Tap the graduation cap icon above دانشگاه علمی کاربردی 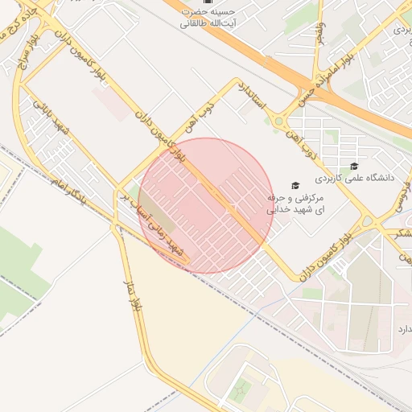pos(353,166)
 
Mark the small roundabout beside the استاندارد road pos(279,122)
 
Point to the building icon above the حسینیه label pos(208,2)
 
